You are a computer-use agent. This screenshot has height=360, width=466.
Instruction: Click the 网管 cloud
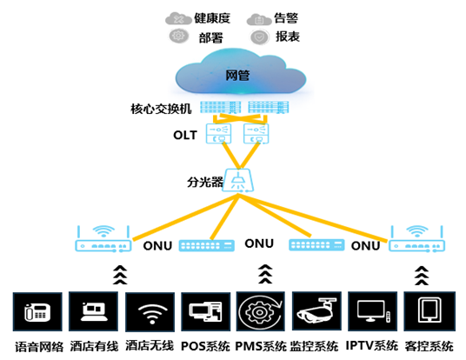click(x=241, y=72)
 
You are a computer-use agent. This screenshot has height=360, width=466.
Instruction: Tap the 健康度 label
click(x=212, y=18)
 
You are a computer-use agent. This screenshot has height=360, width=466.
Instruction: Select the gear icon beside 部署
click(x=178, y=36)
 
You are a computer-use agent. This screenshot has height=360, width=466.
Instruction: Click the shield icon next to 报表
click(x=259, y=37)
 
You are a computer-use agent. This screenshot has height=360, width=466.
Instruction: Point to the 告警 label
click(x=286, y=18)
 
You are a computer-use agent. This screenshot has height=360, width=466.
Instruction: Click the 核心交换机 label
click(x=161, y=109)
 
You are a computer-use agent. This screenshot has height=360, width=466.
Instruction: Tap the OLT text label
click(x=185, y=136)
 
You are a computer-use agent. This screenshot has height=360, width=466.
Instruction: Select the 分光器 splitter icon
click(x=238, y=180)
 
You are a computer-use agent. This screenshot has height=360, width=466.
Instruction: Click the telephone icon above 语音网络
click(x=37, y=311)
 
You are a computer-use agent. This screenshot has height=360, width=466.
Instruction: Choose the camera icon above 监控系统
click(x=316, y=311)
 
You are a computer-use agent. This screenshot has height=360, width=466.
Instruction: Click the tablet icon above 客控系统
click(x=429, y=311)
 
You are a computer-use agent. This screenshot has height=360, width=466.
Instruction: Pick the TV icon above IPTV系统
click(x=372, y=311)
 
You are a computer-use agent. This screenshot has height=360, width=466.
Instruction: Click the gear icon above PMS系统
click(x=260, y=311)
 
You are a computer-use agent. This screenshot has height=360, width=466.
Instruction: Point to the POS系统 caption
click(x=205, y=346)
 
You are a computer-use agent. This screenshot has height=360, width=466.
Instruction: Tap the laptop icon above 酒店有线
click(x=93, y=311)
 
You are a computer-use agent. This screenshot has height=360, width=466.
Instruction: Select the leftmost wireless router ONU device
click(x=103, y=239)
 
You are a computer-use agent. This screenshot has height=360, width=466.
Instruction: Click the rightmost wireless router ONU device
click(x=417, y=239)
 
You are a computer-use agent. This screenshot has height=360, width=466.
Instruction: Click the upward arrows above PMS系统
click(x=265, y=274)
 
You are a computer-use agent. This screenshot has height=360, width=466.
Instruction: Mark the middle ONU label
click(x=259, y=243)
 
